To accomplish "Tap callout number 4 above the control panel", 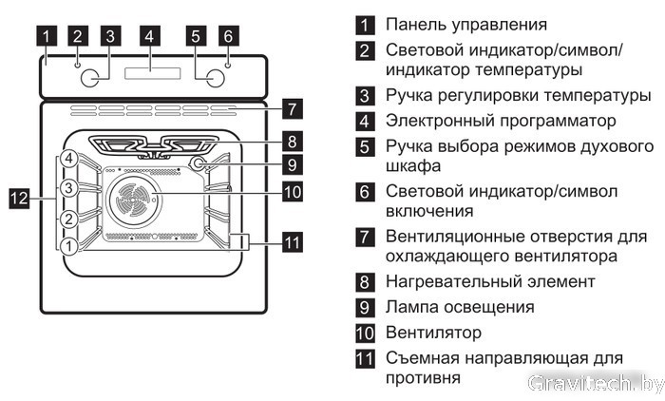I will point(147,37).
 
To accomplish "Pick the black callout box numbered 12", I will point(18,199).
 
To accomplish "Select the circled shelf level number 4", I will point(69,159).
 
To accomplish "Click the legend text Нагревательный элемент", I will point(491,282).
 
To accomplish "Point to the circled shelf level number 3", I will point(69,188).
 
